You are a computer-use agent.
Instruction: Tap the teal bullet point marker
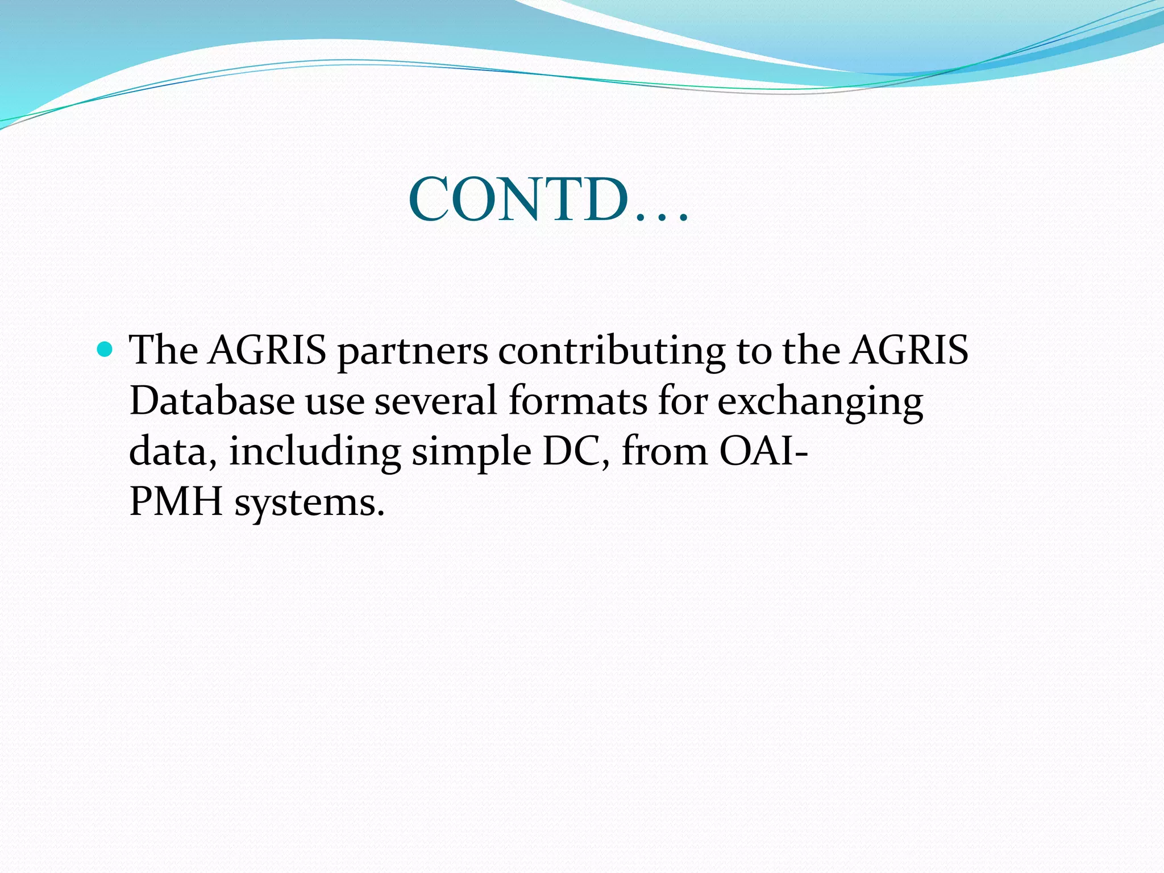click(x=105, y=349)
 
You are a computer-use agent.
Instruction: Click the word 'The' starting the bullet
click(x=164, y=350)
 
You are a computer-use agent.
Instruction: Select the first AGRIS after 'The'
click(x=267, y=350)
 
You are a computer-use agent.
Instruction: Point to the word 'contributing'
click(x=612, y=351)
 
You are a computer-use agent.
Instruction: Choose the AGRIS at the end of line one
click(x=909, y=350)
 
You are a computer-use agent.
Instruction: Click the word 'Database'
click(x=212, y=401)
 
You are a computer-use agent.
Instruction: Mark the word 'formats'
click(x=577, y=401)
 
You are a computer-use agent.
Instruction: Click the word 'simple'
click(x=471, y=453)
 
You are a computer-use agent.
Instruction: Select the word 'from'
click(x=664, y=452)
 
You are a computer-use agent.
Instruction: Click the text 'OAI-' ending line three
click(x=763, y=452)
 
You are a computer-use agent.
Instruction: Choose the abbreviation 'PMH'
click(x=176, y=502)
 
